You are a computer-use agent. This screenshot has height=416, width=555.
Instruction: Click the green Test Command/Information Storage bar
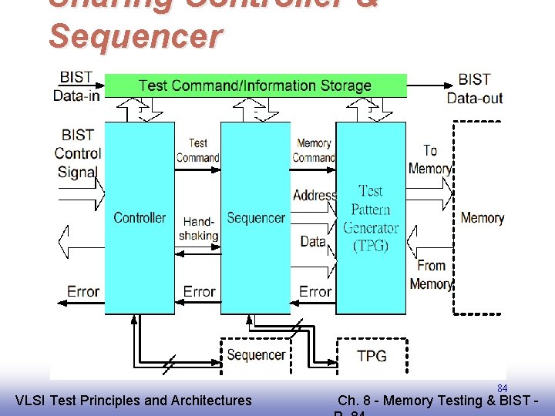(255, 86)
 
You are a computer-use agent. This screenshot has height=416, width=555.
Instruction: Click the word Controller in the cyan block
(140, 218)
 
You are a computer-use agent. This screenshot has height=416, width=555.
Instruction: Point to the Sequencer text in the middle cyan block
(256, 218)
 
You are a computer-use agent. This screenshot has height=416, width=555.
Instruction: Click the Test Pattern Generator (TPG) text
(371, 218)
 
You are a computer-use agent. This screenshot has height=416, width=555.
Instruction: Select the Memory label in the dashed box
(482, 218)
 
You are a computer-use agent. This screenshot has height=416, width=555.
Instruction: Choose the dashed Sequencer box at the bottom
(256, 354)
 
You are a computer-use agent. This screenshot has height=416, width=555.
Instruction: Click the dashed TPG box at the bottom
(372, 355)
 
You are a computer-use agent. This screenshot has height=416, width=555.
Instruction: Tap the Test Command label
(197, 150)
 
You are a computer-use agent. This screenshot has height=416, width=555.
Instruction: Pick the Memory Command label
(314, 150)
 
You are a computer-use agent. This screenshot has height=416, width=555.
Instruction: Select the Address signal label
(314, 196)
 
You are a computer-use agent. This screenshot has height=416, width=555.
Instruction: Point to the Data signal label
(313, 241)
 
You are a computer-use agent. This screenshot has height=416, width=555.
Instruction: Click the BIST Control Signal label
(78, 153)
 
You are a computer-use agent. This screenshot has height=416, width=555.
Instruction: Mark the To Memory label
(430, 159)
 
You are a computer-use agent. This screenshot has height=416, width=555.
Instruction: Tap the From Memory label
(431, 274)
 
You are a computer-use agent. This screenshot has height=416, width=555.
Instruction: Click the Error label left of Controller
(82, 292)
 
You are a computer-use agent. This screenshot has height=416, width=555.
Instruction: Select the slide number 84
(502, 388)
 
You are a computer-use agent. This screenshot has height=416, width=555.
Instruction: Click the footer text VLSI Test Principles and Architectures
(133, 400)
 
